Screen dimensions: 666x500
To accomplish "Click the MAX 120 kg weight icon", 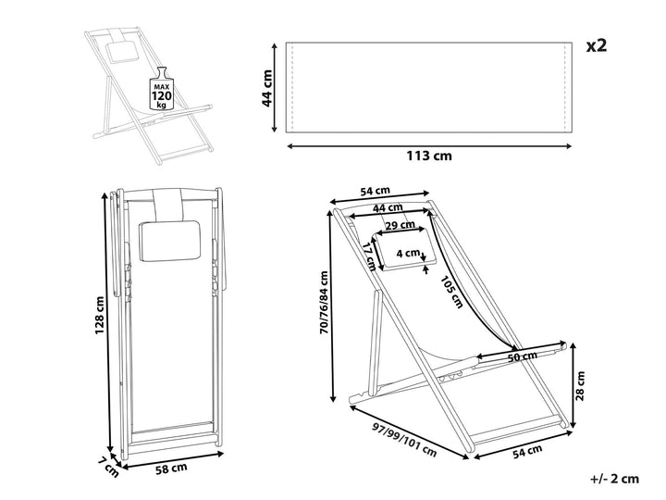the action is [x=162, y=89].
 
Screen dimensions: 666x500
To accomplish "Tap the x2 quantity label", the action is [x=597, y=45].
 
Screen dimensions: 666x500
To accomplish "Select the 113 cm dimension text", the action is [x=429, y=156].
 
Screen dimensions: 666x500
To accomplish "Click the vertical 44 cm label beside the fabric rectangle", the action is [x=267, y=89].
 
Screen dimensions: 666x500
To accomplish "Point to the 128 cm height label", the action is [x=99, y=315].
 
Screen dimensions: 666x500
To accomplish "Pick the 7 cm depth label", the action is [x=109, y=467].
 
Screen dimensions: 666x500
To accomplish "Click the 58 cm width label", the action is [x=171, y=469].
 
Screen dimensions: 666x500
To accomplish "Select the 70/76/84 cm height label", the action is [x=325, y=302].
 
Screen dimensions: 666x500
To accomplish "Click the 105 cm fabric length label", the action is [x=450, y=292].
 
